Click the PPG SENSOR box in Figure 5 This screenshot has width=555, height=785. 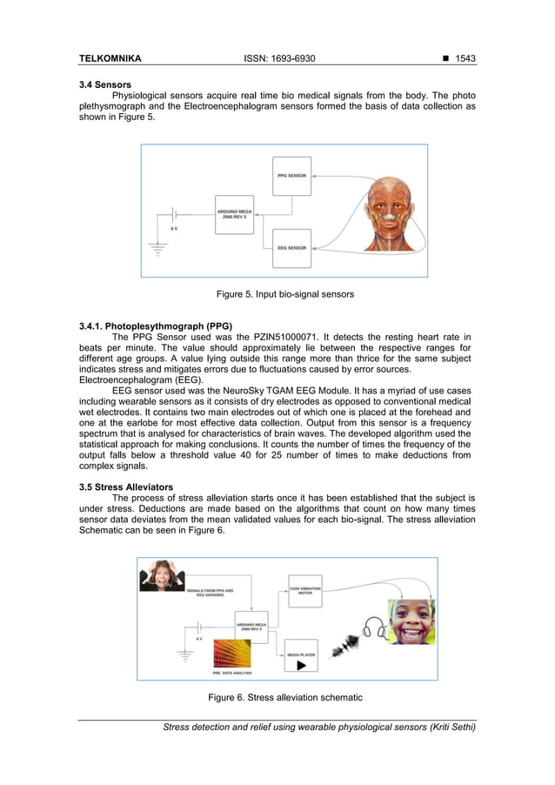[x=291, y=175]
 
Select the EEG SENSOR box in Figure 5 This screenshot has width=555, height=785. [x=291, y=248]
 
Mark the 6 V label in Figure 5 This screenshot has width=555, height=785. [x=175, y=228]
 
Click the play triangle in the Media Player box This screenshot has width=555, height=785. [x=301, y=665]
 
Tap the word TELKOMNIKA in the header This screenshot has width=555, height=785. [x=110, y=58]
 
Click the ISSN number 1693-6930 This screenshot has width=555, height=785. [x=291, y=58]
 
